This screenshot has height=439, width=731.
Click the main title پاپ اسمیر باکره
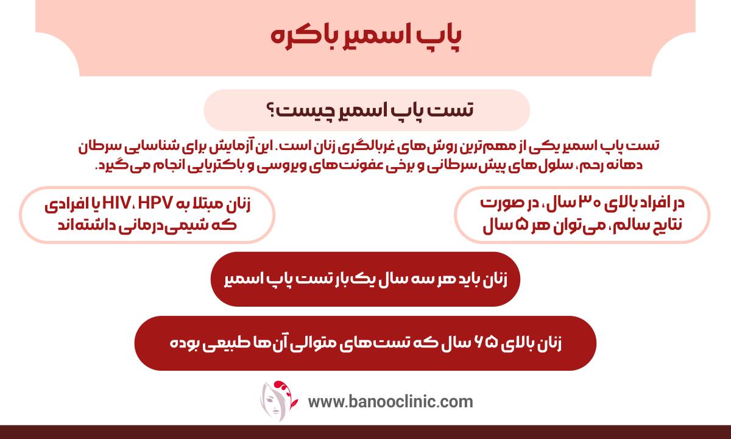(x=365, y=35)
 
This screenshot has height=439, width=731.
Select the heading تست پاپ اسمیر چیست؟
(x=365, y=110)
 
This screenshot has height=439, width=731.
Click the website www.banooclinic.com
(x=390, y=402)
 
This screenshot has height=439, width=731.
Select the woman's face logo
(x=278, y=401)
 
